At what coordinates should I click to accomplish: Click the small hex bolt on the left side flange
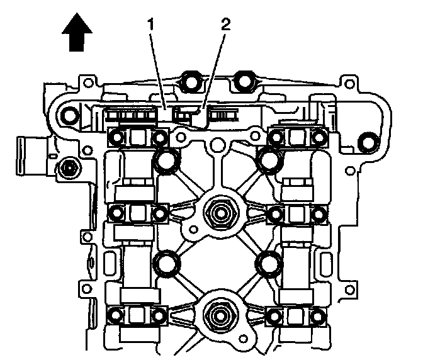click(x=68, y=168)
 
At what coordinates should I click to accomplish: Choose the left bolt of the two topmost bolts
click(x=189, y=81)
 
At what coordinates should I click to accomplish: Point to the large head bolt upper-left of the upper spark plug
click(x=167, y=160)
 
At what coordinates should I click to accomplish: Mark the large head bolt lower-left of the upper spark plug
click(x=167, y=262)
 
